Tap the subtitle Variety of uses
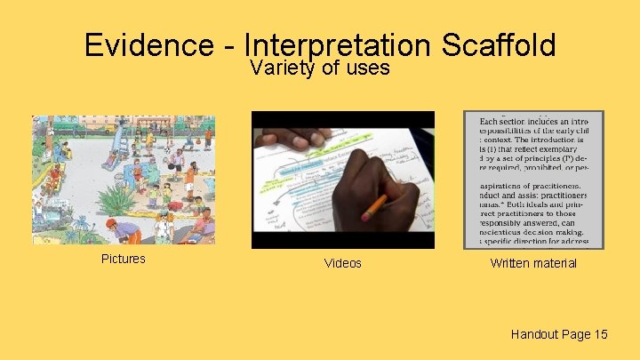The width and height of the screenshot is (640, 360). click(x=320, y=68)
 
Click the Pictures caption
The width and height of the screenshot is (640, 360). click(x=124, y=259)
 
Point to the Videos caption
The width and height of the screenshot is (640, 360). click(x=343, y=263)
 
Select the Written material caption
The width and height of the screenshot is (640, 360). click(x=533, y=263)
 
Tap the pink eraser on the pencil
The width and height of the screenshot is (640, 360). click(x=366, y=215)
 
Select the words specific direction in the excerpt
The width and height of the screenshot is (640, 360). click(x=524, y=241)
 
